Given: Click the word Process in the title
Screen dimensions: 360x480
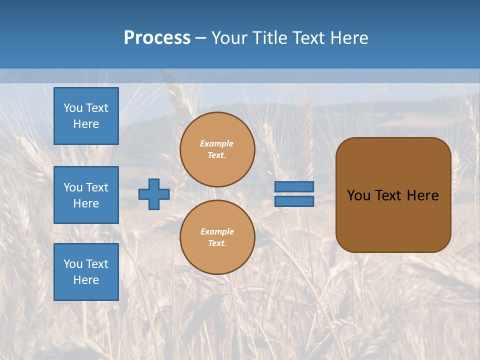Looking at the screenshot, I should (157, 38).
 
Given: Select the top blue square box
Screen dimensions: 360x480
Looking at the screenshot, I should (86, 116).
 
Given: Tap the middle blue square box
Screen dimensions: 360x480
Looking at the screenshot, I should (86, 195).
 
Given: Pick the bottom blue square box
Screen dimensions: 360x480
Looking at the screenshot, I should (86, 272).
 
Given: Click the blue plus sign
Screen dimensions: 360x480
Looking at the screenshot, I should (154, 194).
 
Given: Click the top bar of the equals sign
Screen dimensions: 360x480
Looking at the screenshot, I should (294, 186).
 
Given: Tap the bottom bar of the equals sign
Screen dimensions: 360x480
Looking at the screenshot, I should (294, 201).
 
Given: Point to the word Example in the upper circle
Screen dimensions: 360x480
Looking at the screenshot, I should (217, 143).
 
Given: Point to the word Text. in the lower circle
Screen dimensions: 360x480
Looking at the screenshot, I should (217, 243).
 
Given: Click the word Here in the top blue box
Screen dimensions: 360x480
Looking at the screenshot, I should (86, 124).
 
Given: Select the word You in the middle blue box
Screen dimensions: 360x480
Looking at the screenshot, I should (72, 187).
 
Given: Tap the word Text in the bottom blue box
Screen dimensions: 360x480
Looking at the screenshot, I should (96, 264).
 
